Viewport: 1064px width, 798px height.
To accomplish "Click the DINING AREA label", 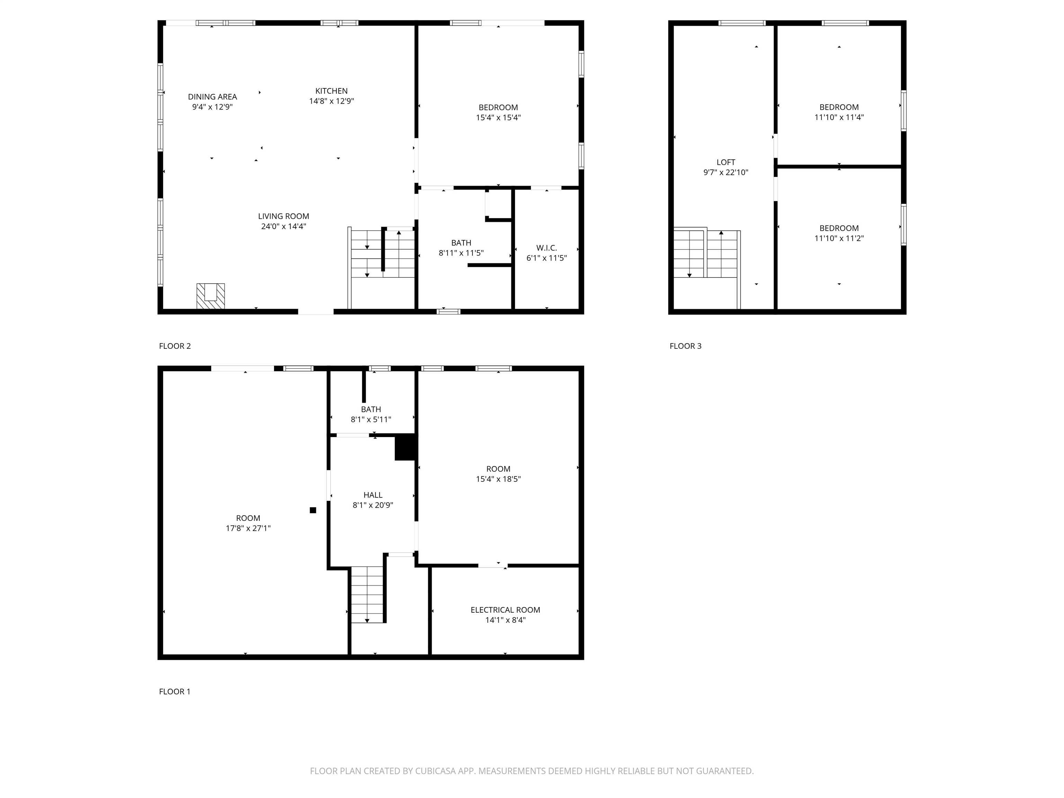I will click(x=212, y=97).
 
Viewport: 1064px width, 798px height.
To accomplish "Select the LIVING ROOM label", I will click(x=283, y=216).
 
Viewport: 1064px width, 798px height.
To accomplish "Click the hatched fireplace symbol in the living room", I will click(x=211, y=296).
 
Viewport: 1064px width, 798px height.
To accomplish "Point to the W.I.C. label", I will click(x=547, y=248).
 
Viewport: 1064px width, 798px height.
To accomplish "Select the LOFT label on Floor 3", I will click(x=725, y=162).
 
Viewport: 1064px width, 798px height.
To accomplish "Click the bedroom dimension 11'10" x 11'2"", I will click(x=839, y=238).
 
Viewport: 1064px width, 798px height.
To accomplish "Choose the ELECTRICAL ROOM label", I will click(x=505, y=610).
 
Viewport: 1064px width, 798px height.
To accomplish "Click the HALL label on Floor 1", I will click(x=373, y=495).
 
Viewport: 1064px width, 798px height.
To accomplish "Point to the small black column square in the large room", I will click(x=313, y=510).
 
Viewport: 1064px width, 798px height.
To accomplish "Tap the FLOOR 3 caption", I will click(x=685, y=346).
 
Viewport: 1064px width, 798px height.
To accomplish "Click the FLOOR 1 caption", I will click(x=175, y=691).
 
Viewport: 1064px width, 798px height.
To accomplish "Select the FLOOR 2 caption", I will click(x=175, y=346).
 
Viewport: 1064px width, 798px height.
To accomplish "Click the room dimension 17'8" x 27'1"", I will click(x=248, y=528).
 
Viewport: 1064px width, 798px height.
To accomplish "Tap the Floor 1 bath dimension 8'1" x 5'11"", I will click(x=371, y=419).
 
